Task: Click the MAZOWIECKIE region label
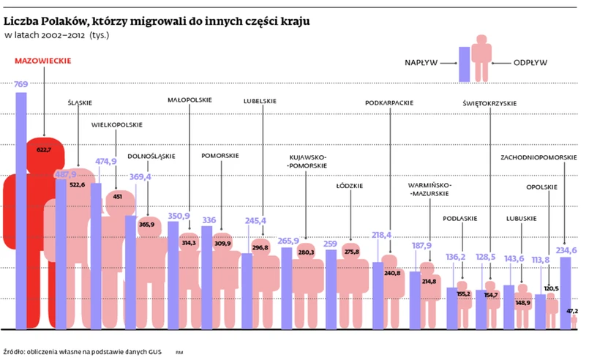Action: coord(43,61)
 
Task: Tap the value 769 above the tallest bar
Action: coord(21,86)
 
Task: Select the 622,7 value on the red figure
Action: coord(45,149)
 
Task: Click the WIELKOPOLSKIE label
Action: coord(116,125)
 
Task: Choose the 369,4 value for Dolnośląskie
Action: coord(140,176)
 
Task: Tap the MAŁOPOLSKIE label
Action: coord(190,100)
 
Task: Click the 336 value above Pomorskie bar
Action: coord(209,220)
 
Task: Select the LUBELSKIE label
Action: coord(260,101)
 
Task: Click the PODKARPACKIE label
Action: coord(390,103)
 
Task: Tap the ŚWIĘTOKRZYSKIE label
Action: coord(489,103)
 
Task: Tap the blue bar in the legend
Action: coord(463,64)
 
